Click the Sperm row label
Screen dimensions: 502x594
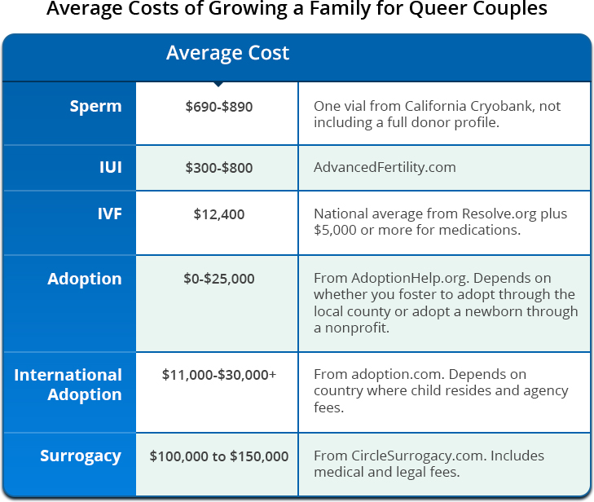tap(95, 107)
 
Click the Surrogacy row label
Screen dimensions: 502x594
tap(81, 456)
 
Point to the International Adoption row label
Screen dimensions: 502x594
tap(68, 385)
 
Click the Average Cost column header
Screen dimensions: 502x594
tap(227, 54)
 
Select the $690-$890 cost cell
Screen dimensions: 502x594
tap(218, 107)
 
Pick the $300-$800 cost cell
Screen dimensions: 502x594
tap(218, 168)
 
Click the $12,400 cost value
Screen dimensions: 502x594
tap(218, 214)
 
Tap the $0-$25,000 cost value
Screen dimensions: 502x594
tap(218, 279)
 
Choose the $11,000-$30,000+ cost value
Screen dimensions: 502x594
tap(218, 375)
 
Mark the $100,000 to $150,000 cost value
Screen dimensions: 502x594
tap(218, 456)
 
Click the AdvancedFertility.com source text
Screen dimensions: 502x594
tap(385, 168)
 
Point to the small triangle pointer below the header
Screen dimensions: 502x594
tap(217, 84)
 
